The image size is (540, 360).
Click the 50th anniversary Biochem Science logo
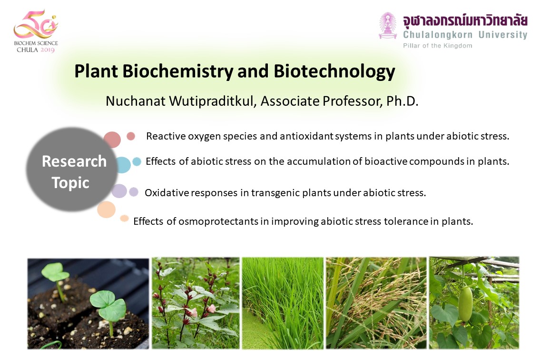coord(36,31)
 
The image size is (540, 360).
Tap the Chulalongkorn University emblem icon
coord(388,26)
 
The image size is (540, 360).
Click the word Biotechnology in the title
coord(334,71)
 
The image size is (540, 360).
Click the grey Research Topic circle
coord(72,170)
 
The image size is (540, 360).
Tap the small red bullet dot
coord(131,136)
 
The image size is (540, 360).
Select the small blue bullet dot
coord(137,161)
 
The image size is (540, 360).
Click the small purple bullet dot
coord(134,192)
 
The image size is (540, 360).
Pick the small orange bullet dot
coord(124,218)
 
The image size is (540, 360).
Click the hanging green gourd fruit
coord(465,303)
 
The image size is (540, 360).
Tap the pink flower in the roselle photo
coord(211,308)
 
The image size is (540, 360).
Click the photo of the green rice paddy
coord(283,303)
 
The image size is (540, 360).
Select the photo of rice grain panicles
coord(376,303)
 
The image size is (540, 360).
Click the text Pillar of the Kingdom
coord(438,46)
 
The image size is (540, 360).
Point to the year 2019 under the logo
coord(48,50)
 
